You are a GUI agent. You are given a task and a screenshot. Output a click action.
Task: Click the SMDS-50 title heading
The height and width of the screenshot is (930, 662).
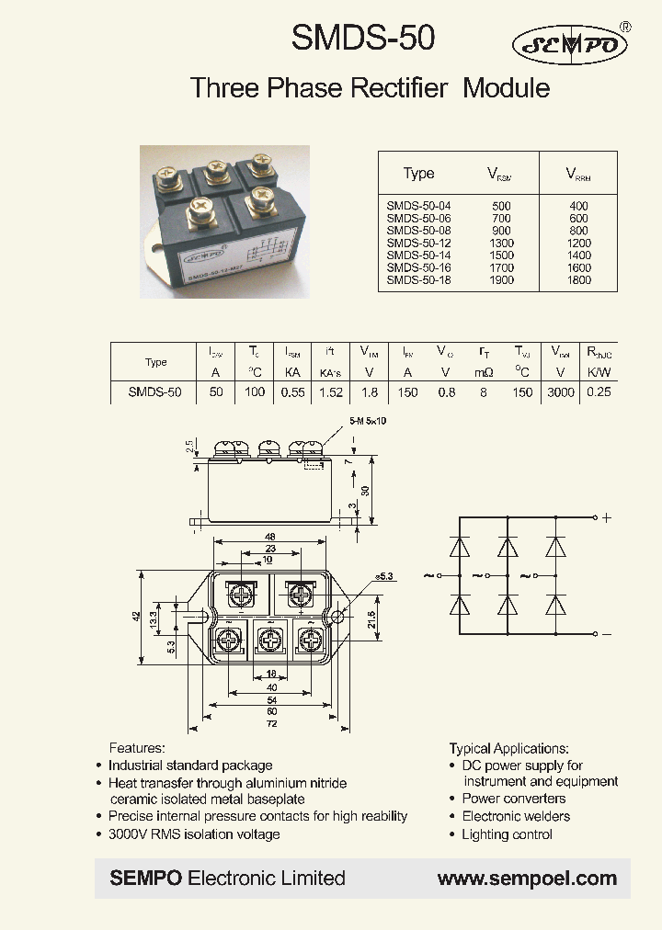click(362, 39)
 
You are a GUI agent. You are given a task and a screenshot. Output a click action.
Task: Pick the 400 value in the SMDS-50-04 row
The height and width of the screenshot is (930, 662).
click(578, 206)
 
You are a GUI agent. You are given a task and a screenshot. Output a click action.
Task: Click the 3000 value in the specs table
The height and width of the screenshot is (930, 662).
click(560, 392)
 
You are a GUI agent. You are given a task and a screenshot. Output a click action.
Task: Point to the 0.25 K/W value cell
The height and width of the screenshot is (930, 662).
click(599, 392)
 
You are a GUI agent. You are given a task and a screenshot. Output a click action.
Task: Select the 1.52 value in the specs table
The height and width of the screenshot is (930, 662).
click(331, 392)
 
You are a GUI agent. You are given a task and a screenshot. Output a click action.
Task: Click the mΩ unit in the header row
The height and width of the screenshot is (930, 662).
click(484, 372)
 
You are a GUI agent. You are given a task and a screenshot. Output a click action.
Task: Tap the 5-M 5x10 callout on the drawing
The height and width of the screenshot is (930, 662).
click(367, 422)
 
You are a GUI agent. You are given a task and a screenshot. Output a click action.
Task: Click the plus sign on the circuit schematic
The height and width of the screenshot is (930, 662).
click(607, 517)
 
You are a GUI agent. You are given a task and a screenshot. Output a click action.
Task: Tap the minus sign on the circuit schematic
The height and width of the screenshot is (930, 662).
click(607, 634)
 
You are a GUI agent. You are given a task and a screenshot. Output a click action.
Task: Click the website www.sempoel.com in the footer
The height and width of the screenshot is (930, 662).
click(527, 879)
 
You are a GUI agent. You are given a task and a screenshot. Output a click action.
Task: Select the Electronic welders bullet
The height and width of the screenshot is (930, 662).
click(516, 816)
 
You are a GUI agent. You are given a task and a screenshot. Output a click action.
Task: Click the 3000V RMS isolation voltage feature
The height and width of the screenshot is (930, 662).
click(194, 834)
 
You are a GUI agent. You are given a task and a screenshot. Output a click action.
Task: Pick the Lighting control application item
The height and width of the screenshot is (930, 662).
click(507, 834)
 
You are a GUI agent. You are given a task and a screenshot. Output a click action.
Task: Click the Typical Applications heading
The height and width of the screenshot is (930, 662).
click(508, 748)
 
